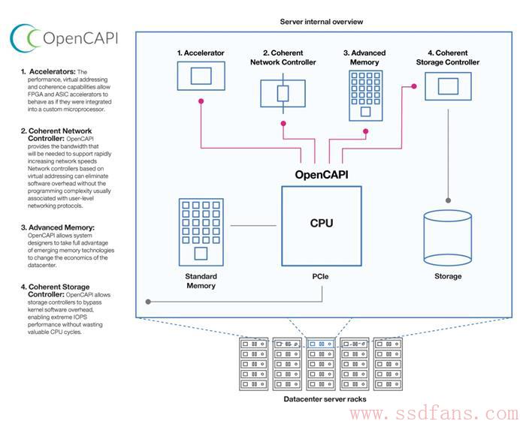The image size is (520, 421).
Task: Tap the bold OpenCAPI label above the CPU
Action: (322, 175)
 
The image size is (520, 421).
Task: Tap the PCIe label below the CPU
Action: (320, 276)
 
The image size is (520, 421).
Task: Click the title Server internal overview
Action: (322, 22)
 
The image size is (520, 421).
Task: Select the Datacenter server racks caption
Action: (325, 399)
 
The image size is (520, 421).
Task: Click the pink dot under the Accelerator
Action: (201, 101)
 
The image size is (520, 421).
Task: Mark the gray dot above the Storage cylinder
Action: (448, 200)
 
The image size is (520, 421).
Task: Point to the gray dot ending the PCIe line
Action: (148, 302)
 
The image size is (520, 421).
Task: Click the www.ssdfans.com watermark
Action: (434, 413)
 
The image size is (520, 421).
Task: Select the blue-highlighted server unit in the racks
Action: (321, 344)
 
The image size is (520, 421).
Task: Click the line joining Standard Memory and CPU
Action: (253, 226)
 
